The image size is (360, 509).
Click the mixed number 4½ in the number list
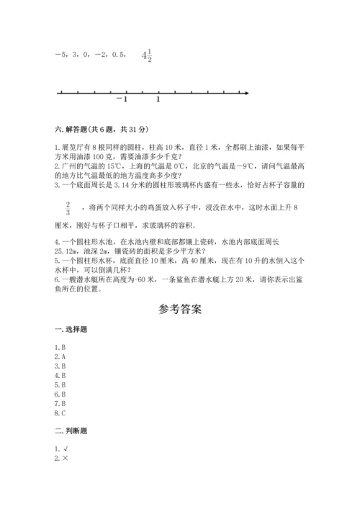(x=147, y=55)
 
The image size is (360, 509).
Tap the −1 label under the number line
(x=122, y=99)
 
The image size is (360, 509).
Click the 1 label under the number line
(x=158, y=99)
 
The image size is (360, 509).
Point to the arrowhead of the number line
(x=246, y=92)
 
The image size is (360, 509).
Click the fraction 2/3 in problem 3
(x=68, y=208)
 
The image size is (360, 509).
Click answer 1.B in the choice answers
(x=60, y=347)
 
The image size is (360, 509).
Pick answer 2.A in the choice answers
(x=60, y=356)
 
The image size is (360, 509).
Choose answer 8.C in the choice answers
(x=60, y=413)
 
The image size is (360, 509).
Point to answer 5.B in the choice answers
(x=60, y=385)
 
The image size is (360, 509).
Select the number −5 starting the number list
(x=60, y=55)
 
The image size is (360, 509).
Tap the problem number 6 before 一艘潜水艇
(x=56, y=281)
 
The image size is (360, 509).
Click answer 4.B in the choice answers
(x=60, y=375)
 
